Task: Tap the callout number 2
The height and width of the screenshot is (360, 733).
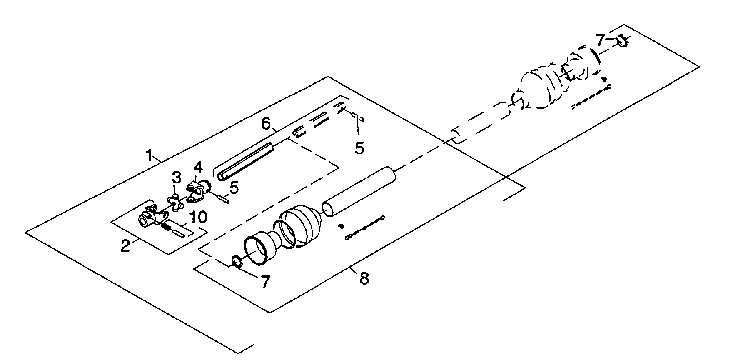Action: (x=125, y=245)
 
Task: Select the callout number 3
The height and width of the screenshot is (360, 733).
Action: (x=177, y=178)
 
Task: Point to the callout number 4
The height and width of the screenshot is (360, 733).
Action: (x=198, y=168)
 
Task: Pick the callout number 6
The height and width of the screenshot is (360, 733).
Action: (x=266, y=123)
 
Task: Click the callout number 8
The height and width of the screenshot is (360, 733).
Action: (x=364, y=278)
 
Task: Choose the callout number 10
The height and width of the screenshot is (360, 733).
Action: (x=197, y=217)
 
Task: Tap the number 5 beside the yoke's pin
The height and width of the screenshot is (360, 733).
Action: (x=234, y=188)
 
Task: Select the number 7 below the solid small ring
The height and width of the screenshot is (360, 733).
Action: (x=265, y=282)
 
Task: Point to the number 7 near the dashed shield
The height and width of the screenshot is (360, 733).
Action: (x=600, y=40)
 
